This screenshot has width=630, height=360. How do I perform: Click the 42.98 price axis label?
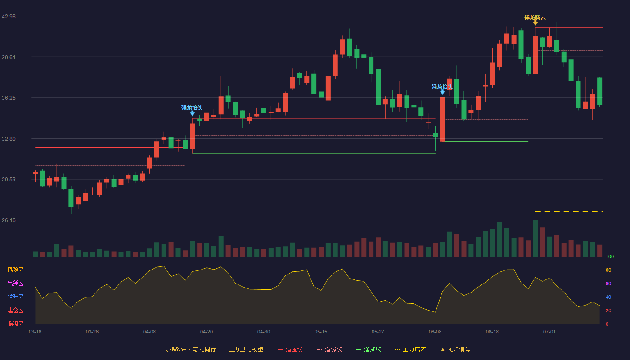[9, 17]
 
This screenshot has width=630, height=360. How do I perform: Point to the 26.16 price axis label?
[9, 220]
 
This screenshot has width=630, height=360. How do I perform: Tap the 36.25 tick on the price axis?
[9, 98]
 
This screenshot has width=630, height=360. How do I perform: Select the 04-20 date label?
[207, 332]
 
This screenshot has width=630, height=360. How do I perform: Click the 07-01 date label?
[549, 332]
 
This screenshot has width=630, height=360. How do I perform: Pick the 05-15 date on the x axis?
[321, 332]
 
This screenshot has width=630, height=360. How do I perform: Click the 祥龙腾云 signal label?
[535, 18]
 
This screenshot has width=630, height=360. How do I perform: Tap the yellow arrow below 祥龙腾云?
[535, 23]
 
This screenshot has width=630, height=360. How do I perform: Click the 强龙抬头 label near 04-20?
[192, 108]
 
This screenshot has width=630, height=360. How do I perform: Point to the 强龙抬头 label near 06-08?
[442, 86]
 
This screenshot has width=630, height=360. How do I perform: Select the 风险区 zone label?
[15, 270]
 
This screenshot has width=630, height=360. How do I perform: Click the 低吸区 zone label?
[15, 324]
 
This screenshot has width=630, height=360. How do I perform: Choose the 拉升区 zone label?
[15, 297]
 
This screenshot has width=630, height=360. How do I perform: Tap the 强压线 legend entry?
[290, 349]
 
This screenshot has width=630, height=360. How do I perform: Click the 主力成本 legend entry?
[410, 349]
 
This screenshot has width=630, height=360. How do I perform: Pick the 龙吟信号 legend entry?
[455, 349]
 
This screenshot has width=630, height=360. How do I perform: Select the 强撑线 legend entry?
[369, 349]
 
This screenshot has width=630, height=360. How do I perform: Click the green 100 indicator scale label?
[610, 256]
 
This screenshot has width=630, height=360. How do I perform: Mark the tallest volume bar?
[535, 238]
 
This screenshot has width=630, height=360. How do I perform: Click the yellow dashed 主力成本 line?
[569, 211]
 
